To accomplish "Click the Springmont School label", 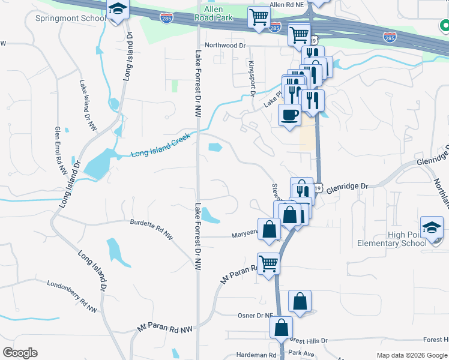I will (x=62, y=18).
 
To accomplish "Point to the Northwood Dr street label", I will (x=225, y=46).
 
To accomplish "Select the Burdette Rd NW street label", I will (x=151, y=229).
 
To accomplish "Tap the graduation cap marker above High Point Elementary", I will (x=432, y=229).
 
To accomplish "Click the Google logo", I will (x=20, y=353).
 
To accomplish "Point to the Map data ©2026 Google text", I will (x=411, y=355).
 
